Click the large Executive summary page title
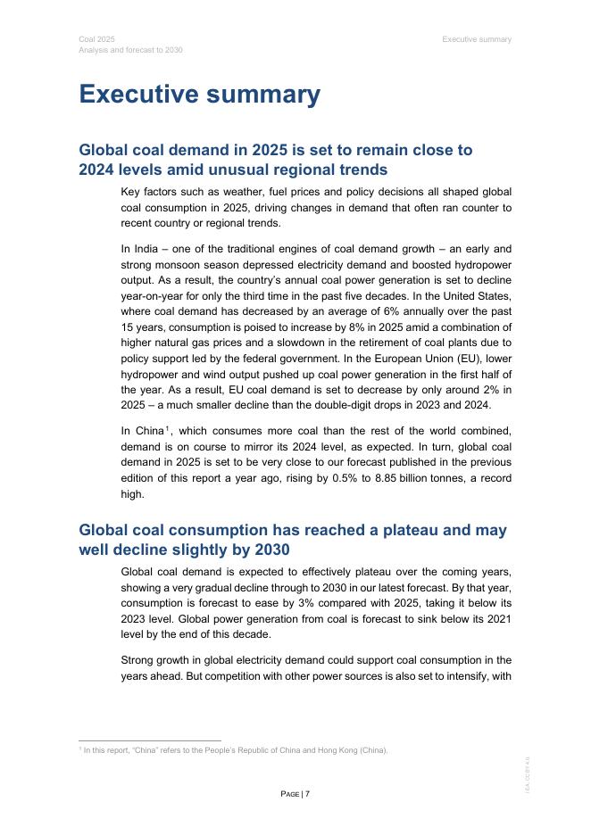(x=200, y=95)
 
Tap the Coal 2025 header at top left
(x=96, y=39)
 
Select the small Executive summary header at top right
(x=477, y=39)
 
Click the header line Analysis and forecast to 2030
(x=130, y=50)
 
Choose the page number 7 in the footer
(x=306, y=794)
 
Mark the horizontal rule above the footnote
(x=149, y=740)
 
